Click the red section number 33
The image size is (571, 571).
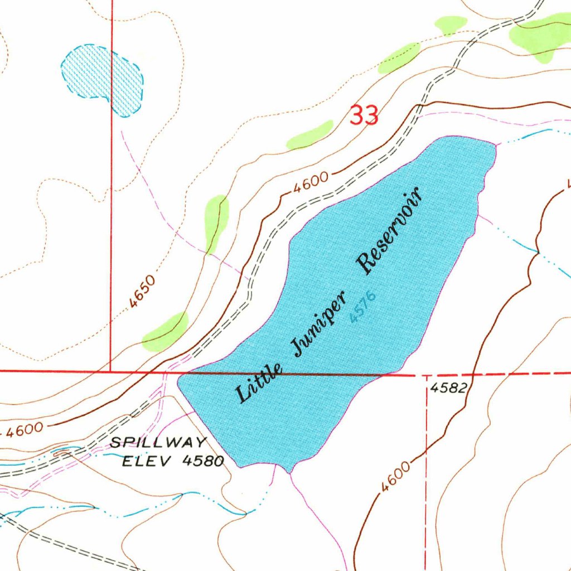[x=364, y=115]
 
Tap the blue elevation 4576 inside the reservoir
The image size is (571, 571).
[x=363, y=307]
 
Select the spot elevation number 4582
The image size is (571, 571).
[x=448, y=388]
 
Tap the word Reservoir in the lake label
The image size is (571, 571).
[x=390, y=230]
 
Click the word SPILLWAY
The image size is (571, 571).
[x=158, y=443]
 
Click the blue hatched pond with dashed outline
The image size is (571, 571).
[x=102, y=79]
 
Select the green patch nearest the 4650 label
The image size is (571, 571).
[x=165, y=332]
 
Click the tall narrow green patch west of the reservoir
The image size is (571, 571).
[x=216, y=221]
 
